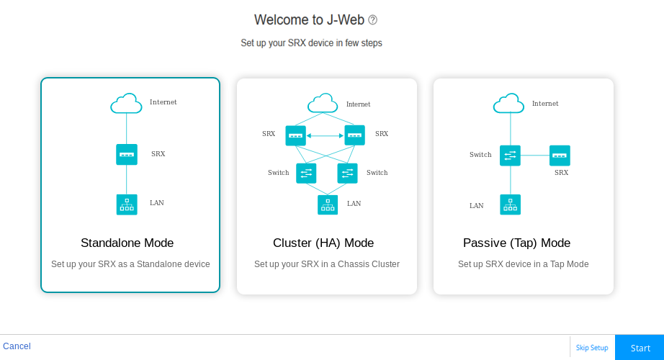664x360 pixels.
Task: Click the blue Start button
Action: point(640,348)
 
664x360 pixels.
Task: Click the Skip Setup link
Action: point(591,348)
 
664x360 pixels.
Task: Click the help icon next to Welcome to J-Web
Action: point(372,20)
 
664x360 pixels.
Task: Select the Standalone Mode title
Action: point(127,243)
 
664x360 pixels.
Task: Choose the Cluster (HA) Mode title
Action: point(323,243)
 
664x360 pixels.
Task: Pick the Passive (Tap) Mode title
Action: point(516,243)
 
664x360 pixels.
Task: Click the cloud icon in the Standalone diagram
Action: point(126,104)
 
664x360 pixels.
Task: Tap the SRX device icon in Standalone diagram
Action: point(127,154)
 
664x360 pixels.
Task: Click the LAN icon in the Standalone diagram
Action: point(127,204)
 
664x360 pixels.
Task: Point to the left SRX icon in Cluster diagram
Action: point(295,135)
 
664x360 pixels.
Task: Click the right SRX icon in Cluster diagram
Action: point(354,135)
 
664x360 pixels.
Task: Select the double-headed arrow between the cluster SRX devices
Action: point(325,135)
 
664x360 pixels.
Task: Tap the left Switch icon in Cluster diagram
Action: point(306,173)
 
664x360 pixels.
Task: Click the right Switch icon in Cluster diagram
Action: point(348,173)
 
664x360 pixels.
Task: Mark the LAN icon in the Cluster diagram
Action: point(328,204)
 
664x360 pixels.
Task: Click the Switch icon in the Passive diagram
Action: point(510,156)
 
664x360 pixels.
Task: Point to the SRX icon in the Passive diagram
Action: point(560,156)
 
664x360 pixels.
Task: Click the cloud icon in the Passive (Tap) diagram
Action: point(508,104)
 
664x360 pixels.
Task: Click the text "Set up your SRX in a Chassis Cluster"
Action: point(326,264)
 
